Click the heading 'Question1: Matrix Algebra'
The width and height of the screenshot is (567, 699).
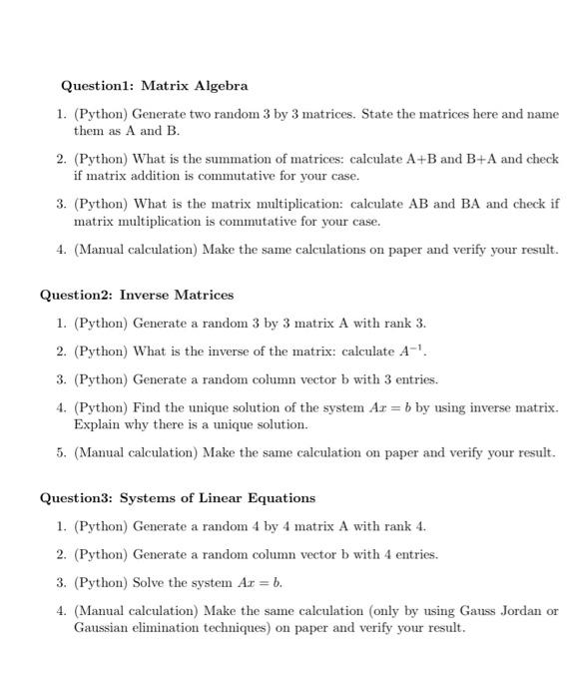[x=154, y=86]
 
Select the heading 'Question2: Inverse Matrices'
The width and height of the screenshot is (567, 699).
[x=136, y=295]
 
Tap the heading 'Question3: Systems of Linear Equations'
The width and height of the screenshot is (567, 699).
[x=177, y=497]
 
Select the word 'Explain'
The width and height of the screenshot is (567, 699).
[x=96, y=424]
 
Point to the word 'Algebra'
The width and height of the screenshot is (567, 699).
[x=221, y=86]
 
